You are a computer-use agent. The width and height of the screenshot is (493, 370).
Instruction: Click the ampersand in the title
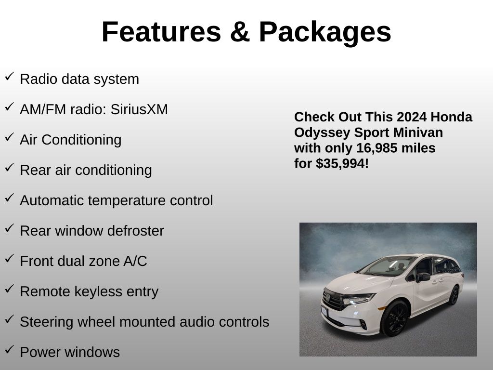240,32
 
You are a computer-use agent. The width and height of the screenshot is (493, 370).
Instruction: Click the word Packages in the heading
325,32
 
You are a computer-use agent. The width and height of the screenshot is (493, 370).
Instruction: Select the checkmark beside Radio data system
10,77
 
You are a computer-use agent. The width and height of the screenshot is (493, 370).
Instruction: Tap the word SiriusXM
139,109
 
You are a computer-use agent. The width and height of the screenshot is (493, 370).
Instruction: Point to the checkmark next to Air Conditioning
10,137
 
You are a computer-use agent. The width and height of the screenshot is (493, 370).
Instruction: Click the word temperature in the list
127,201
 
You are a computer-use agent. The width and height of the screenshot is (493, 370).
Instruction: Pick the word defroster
135,231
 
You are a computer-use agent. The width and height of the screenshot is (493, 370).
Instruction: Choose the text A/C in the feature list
135,261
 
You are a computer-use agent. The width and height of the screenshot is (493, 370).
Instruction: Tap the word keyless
98,292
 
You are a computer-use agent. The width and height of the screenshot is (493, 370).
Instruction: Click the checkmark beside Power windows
10,350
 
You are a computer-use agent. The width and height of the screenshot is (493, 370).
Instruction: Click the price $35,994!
342,164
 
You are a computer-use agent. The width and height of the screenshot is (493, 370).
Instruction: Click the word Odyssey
322,133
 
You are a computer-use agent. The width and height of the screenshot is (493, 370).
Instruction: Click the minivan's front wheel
394,318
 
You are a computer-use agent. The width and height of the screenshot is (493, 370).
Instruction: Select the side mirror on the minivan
423,277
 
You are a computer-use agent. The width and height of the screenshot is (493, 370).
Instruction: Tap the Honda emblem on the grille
327,297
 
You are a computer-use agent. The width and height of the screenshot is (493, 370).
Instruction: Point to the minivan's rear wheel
454,295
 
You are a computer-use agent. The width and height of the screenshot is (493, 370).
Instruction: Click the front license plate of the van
324,312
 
